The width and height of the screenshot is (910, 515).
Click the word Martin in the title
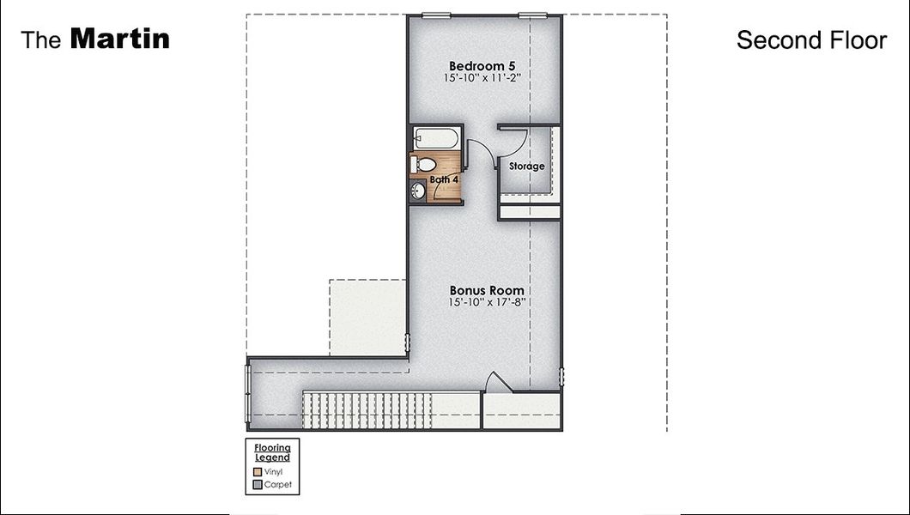[x=119, y=39]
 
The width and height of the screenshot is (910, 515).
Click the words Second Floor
[x=811, y=39]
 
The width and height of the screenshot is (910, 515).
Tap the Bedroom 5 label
[x=483, y=65]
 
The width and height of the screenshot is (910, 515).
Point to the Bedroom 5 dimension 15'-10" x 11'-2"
[x=483, y=78]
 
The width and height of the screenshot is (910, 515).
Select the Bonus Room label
[x=487, y=290]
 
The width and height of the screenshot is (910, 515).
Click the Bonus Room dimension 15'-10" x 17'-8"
[x=487, y=303]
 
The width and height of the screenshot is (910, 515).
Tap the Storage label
[x=526, y=166]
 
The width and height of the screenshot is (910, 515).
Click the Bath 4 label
[x=444, y=179]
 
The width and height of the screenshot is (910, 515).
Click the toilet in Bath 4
[x=424, y=163]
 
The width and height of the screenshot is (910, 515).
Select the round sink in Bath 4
[x=419, y=191]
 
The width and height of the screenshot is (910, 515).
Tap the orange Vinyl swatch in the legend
[x=258, y=471]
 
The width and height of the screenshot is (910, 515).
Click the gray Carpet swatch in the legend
[x=258, y=485]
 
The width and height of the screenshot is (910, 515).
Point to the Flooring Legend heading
[x=272, y=452]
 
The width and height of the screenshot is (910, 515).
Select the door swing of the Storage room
[x=512, y=137]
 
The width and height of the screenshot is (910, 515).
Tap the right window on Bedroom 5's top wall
[x=533, y=15]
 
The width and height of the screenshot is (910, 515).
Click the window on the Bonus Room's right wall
[x=562, y=377]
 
